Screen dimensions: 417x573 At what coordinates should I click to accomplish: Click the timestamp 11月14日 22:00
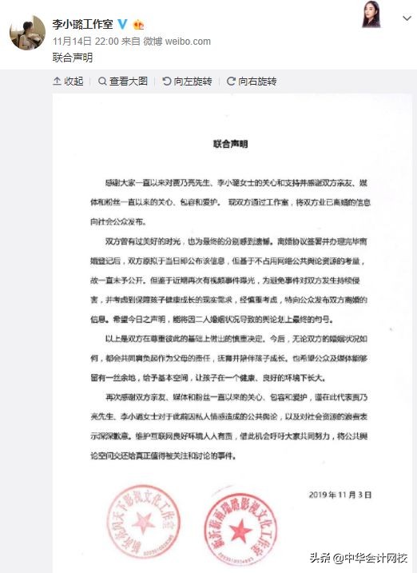(x=85, y=41)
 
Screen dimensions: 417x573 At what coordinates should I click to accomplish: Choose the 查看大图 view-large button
(x=123, y=82)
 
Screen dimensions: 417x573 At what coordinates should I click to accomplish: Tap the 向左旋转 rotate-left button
(x=186, y=82)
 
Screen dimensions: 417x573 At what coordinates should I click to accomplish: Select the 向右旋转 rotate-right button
(x=251, y=82)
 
